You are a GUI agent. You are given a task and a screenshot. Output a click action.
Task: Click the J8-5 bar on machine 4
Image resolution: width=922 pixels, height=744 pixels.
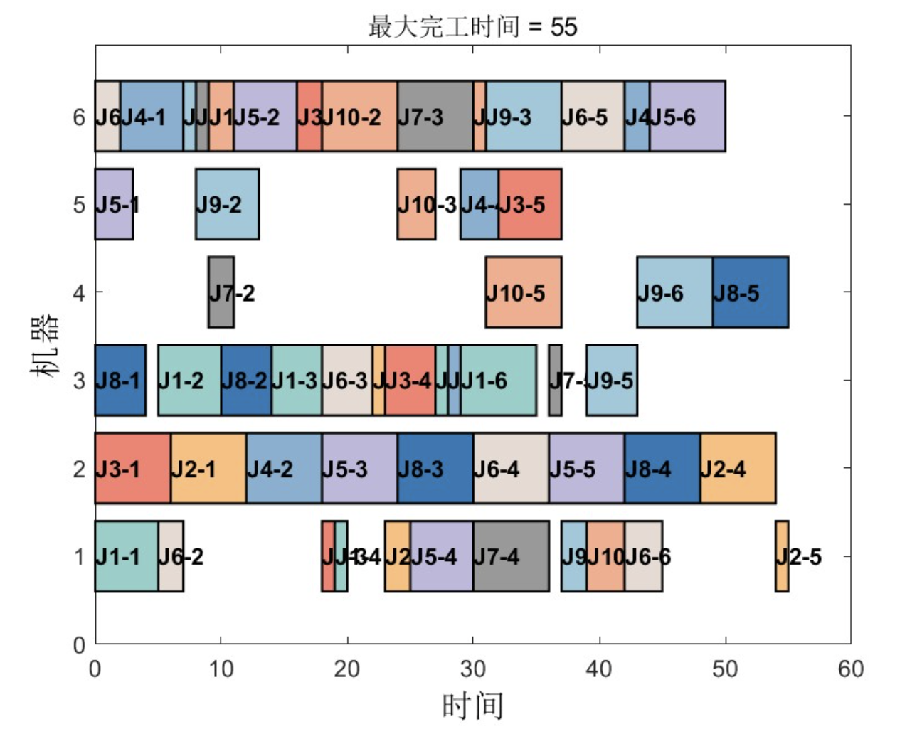pos(750,292)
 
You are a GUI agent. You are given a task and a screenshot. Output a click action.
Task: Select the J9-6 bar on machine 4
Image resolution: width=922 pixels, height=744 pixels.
pos(674,292)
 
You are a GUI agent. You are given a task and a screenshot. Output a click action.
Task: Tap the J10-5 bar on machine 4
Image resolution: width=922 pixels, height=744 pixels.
pos(523,292)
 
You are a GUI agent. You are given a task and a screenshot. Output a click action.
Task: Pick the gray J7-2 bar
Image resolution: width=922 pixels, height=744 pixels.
pos(221,292)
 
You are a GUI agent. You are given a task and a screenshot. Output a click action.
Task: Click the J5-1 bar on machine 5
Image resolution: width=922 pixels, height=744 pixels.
pos(114,204)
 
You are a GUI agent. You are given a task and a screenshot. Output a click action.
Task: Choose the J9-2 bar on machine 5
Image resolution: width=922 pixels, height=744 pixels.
pos(227,204)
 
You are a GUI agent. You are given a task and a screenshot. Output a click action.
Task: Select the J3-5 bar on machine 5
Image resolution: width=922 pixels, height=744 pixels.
pos(529,204)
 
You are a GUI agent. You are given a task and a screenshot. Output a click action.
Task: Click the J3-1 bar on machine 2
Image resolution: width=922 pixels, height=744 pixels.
pos(132,469)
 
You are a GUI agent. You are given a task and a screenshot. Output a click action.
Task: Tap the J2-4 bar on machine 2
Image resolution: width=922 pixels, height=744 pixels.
pos(738,469)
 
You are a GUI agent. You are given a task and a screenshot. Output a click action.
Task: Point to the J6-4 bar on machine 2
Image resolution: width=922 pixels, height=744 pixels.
pos(511,469)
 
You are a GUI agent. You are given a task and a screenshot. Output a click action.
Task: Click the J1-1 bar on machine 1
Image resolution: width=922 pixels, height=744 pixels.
pos(126,556)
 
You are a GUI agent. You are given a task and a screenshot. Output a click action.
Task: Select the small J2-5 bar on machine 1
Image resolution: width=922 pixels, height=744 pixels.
pos(782,556)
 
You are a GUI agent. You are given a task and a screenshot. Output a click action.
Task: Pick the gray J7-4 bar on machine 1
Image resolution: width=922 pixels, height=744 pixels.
pos(511,556)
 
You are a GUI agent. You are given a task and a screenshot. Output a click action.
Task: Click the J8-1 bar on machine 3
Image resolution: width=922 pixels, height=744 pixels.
pos(120,381)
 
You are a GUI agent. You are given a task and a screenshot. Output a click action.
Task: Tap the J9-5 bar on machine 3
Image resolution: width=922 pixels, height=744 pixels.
pos(611,381)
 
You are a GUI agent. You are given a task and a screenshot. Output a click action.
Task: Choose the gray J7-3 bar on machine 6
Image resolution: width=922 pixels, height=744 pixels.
pos(435,116)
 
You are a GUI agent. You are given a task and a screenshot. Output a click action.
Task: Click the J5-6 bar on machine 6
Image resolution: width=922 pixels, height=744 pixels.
pos(687,116)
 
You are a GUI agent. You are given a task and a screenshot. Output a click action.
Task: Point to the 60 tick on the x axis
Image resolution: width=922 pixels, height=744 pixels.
pos(851,669)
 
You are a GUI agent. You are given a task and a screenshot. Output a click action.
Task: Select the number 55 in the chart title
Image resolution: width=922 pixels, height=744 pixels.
pos(563,27)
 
